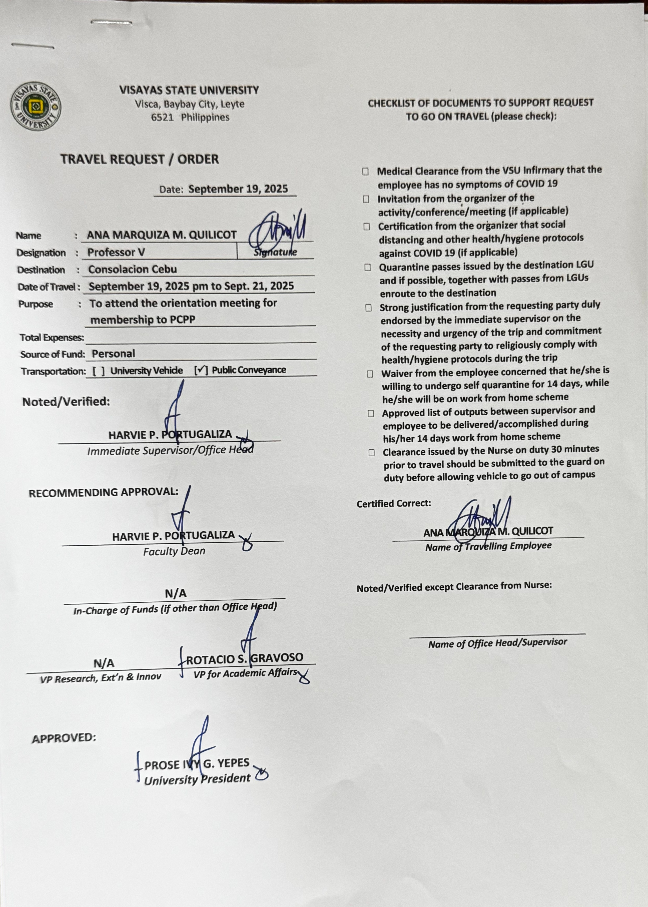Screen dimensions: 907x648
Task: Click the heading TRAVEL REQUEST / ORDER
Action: tap(140, 160)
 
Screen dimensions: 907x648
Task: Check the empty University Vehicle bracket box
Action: tap(99, 371)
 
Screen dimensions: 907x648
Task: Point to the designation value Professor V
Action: tap(116, 253)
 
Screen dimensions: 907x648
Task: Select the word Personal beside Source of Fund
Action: tap(113, 354)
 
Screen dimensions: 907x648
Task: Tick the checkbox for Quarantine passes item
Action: tap(368, 267)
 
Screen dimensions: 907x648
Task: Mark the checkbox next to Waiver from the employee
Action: tap(370, 374)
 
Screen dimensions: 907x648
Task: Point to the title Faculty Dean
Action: tap(174, 551)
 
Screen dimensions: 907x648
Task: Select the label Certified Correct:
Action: tap(394, 503)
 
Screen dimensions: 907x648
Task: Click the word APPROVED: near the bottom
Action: tap(64, 738)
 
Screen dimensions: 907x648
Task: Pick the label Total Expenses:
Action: tap(52, 338)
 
